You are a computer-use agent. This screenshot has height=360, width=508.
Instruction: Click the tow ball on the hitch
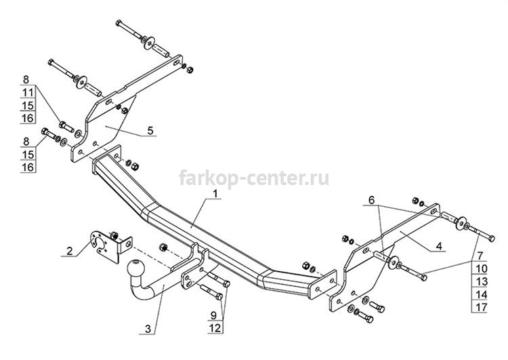click(x=135, y=268)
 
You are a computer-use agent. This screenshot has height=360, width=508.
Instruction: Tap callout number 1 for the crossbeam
click(x=215, y=194)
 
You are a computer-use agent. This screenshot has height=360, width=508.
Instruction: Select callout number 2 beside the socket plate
click(x=69, y=251)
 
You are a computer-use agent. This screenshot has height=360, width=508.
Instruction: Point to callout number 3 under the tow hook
click(x=148, y=329)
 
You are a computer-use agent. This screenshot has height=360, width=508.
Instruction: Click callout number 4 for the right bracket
click(x=439, y=246)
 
